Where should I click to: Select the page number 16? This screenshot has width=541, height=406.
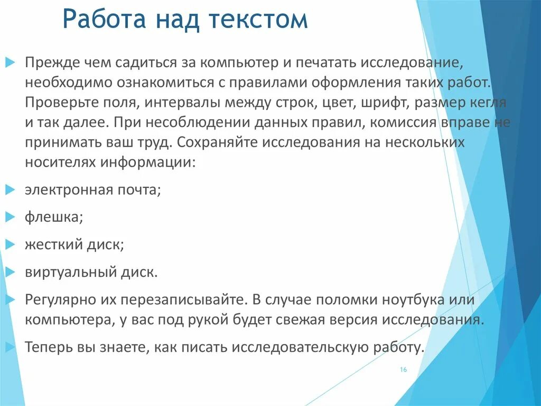click(x=403, y=370)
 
